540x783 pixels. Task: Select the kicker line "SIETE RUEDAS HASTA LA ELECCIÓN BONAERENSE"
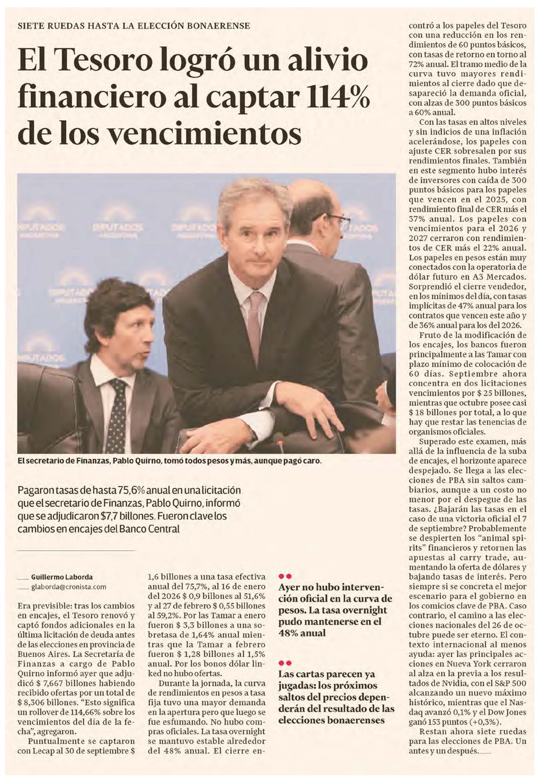pyautogui.click(x=134, y=26)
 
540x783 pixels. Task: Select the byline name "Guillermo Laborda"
pyautogui.click(x=62, y=577)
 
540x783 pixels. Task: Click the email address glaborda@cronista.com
pyautogui.click(x=69, y=587)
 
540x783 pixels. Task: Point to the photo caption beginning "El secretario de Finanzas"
pyautogui.click(x=168, y=461)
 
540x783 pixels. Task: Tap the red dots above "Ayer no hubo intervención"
pyautogui.click(x=285, y=576)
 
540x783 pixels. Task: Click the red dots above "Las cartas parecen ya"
pyautogui.click(x=285, y=663)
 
